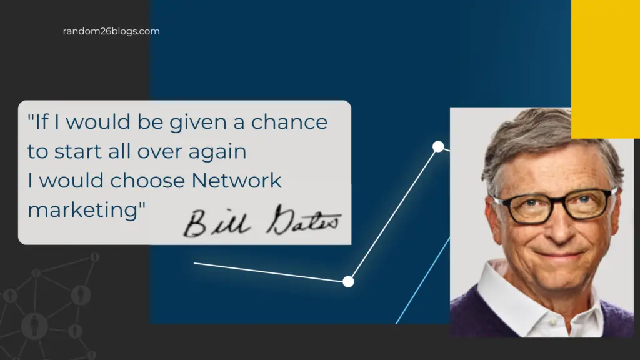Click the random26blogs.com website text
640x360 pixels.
[111, 31]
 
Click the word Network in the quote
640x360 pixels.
[236, 181]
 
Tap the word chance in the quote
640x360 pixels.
[289, 122]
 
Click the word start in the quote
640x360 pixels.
[78, 151]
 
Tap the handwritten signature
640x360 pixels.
[262, 222]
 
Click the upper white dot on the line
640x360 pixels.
[438, 146]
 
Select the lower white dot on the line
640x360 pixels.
[348, 282]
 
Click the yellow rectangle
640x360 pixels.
[605, 69]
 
